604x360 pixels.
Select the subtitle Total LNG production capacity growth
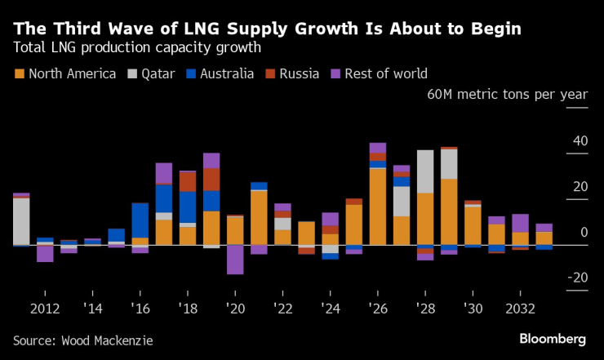[137, 47]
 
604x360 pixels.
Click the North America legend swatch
[19, 74]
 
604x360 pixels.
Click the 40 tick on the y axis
[580, 141]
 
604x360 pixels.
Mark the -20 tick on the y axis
[577, 278]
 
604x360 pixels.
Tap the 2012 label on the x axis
[45, 309]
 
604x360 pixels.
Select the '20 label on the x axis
[236, 309]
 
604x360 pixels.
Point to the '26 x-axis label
[378, 309]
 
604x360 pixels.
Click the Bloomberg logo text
[553, 339]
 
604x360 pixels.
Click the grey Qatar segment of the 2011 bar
[21, 220]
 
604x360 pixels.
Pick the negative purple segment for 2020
[236, 260]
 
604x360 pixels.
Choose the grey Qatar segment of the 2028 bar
[425, 171]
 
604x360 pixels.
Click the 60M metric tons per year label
[507, 95]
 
